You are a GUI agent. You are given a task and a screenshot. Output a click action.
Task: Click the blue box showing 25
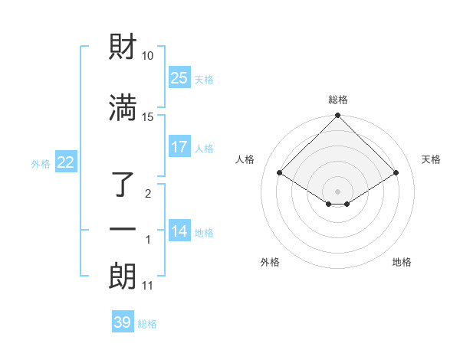[x=179, y=78]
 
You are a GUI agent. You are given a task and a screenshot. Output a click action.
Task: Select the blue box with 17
[x=179, y=147]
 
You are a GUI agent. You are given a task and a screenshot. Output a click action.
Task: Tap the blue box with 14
[x=179, y=231]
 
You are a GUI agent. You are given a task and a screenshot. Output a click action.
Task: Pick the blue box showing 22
[x=66, y=162]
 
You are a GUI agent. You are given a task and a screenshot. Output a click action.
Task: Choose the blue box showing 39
[x=123, y=322]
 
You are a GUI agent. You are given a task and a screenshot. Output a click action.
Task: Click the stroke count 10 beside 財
[x=147, y=56]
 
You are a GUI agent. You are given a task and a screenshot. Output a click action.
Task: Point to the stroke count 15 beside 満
[x=147, y=116]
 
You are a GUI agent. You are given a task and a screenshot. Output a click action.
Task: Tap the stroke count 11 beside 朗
[x=147, y=286]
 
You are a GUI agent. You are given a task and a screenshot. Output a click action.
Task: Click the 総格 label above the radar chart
[x=338, y=100]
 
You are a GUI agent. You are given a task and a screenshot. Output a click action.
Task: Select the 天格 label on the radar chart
[x=431, y=159]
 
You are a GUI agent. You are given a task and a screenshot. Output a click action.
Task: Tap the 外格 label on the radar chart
[x=270, y=262]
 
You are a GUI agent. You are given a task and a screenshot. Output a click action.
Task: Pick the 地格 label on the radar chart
[x=402, y=262]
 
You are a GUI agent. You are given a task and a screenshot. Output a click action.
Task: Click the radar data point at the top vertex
[x=338, y=116]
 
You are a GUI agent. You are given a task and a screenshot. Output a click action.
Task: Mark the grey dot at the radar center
[x=338, y=191]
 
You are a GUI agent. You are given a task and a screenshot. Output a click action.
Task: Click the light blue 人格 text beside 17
[x=204, y=148]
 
